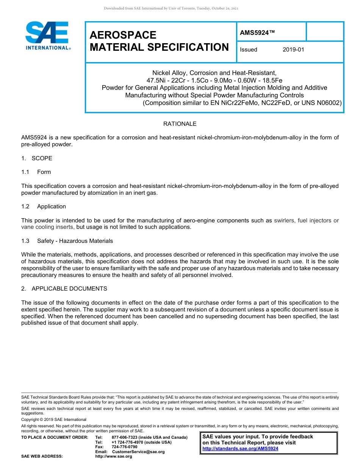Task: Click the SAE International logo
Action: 47,36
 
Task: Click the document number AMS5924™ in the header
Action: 257,33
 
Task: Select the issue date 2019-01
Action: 293,50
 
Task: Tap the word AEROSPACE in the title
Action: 123,35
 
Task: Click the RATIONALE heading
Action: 180,124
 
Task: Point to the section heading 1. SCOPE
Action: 37,158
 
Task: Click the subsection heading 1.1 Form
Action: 36,172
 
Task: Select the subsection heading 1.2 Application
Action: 44,206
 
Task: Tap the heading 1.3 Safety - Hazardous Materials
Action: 67,241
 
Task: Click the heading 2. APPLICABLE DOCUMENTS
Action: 64,289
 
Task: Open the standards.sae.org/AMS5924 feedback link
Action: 240,449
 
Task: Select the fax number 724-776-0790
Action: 124,447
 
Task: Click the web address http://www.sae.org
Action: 114,457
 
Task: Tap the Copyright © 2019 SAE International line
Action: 54,419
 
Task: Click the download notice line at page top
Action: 171,8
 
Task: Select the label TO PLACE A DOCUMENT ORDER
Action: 55,438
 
